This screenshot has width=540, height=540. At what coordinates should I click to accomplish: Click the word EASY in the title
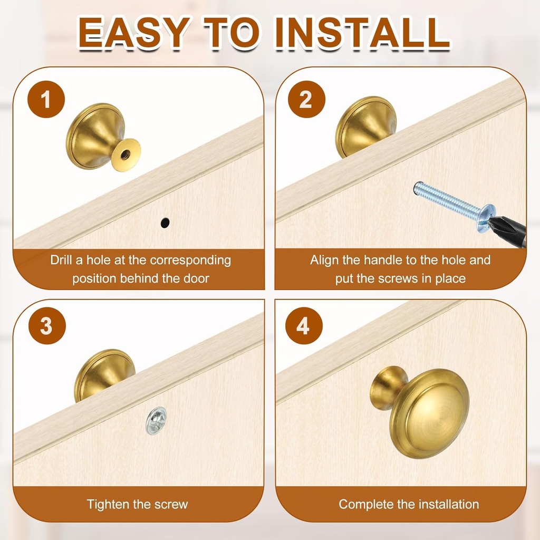click(x=134, y=32)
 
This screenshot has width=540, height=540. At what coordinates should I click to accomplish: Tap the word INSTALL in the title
click(x=362, y=32)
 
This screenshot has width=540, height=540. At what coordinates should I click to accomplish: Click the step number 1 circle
click(x=46, y=99)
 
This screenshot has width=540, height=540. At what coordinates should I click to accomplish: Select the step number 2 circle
click(x=306, y=99)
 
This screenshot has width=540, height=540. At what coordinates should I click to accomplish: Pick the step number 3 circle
click(x=47, y=325)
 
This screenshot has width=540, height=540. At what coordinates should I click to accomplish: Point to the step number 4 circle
click(x=304, y=325)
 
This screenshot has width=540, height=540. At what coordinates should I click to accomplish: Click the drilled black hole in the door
click(x=165, y=223)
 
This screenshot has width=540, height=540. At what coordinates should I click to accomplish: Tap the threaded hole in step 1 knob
click(x=124, y=155)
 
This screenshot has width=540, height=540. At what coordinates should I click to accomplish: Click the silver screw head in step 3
click(x=156, y=420)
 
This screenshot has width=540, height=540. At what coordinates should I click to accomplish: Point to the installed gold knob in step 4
click(x=419, y=411)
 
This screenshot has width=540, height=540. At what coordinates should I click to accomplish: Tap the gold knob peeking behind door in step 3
click(x=103, y=372)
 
